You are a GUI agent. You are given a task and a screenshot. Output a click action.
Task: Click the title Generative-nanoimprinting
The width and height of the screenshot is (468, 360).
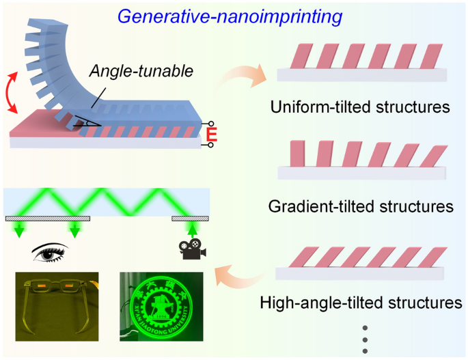233,16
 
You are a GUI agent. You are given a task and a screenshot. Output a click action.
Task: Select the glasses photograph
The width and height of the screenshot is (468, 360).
57,305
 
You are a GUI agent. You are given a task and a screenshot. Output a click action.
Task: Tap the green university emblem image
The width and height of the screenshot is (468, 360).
161,305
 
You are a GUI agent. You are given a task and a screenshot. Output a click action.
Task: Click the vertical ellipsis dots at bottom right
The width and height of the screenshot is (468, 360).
366,337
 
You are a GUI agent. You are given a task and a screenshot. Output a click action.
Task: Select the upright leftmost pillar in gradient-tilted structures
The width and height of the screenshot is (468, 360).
297,154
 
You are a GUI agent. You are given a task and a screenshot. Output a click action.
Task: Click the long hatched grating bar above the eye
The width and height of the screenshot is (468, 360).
48,219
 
